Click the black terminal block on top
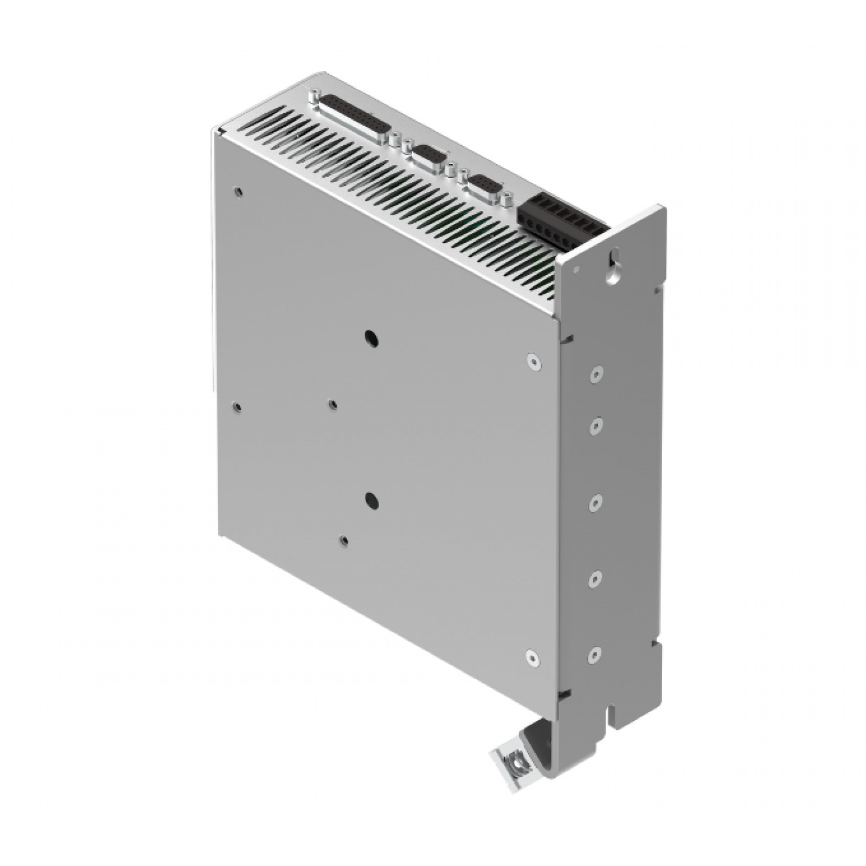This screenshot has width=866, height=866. click(557, 222)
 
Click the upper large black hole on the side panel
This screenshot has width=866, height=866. click(371, 339)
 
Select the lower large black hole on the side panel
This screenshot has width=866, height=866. click(371, 501)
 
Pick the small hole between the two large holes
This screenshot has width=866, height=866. click(333, 404)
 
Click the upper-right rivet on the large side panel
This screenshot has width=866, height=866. click(534, 362)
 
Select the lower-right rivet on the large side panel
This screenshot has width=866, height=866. click(533, 657)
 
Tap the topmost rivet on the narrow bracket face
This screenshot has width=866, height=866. click(596, 372)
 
